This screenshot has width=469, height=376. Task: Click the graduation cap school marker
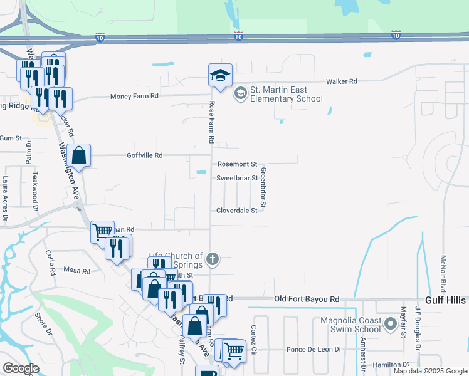(220, 76)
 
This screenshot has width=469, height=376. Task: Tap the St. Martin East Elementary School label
(287, 94)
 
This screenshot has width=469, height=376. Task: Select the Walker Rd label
(341, 81)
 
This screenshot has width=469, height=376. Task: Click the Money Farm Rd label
(134, 96)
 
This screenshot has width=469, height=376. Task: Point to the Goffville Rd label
(144, 155)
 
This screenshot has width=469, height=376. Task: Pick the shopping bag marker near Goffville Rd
(80, 156)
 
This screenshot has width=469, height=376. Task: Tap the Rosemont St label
(238, 164)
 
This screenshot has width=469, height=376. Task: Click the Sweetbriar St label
(237, 178)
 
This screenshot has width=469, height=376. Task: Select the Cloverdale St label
(237, 211)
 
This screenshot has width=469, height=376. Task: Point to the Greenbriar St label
(263, 187)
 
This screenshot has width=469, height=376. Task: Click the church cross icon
(213, 259)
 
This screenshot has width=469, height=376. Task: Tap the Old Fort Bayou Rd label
(307, 300)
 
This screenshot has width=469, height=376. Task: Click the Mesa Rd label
(77, 271)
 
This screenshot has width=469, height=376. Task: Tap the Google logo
(21, 368)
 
